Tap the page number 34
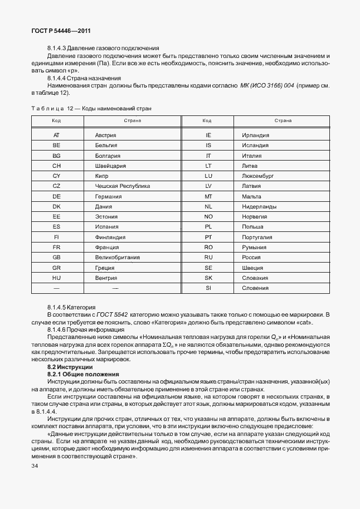tap(36, 464)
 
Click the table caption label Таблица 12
tap(53, 108)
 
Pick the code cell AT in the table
tap(56, 135)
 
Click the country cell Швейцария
tap(110, 166)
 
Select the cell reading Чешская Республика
tap(123, 186)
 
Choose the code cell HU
tap(56, 278)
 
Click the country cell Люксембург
tap(259, 176)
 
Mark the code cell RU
tap(208, 258)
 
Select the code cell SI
tap(208, 288)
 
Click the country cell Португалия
tap(257, 237)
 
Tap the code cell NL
tap(208, 207)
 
